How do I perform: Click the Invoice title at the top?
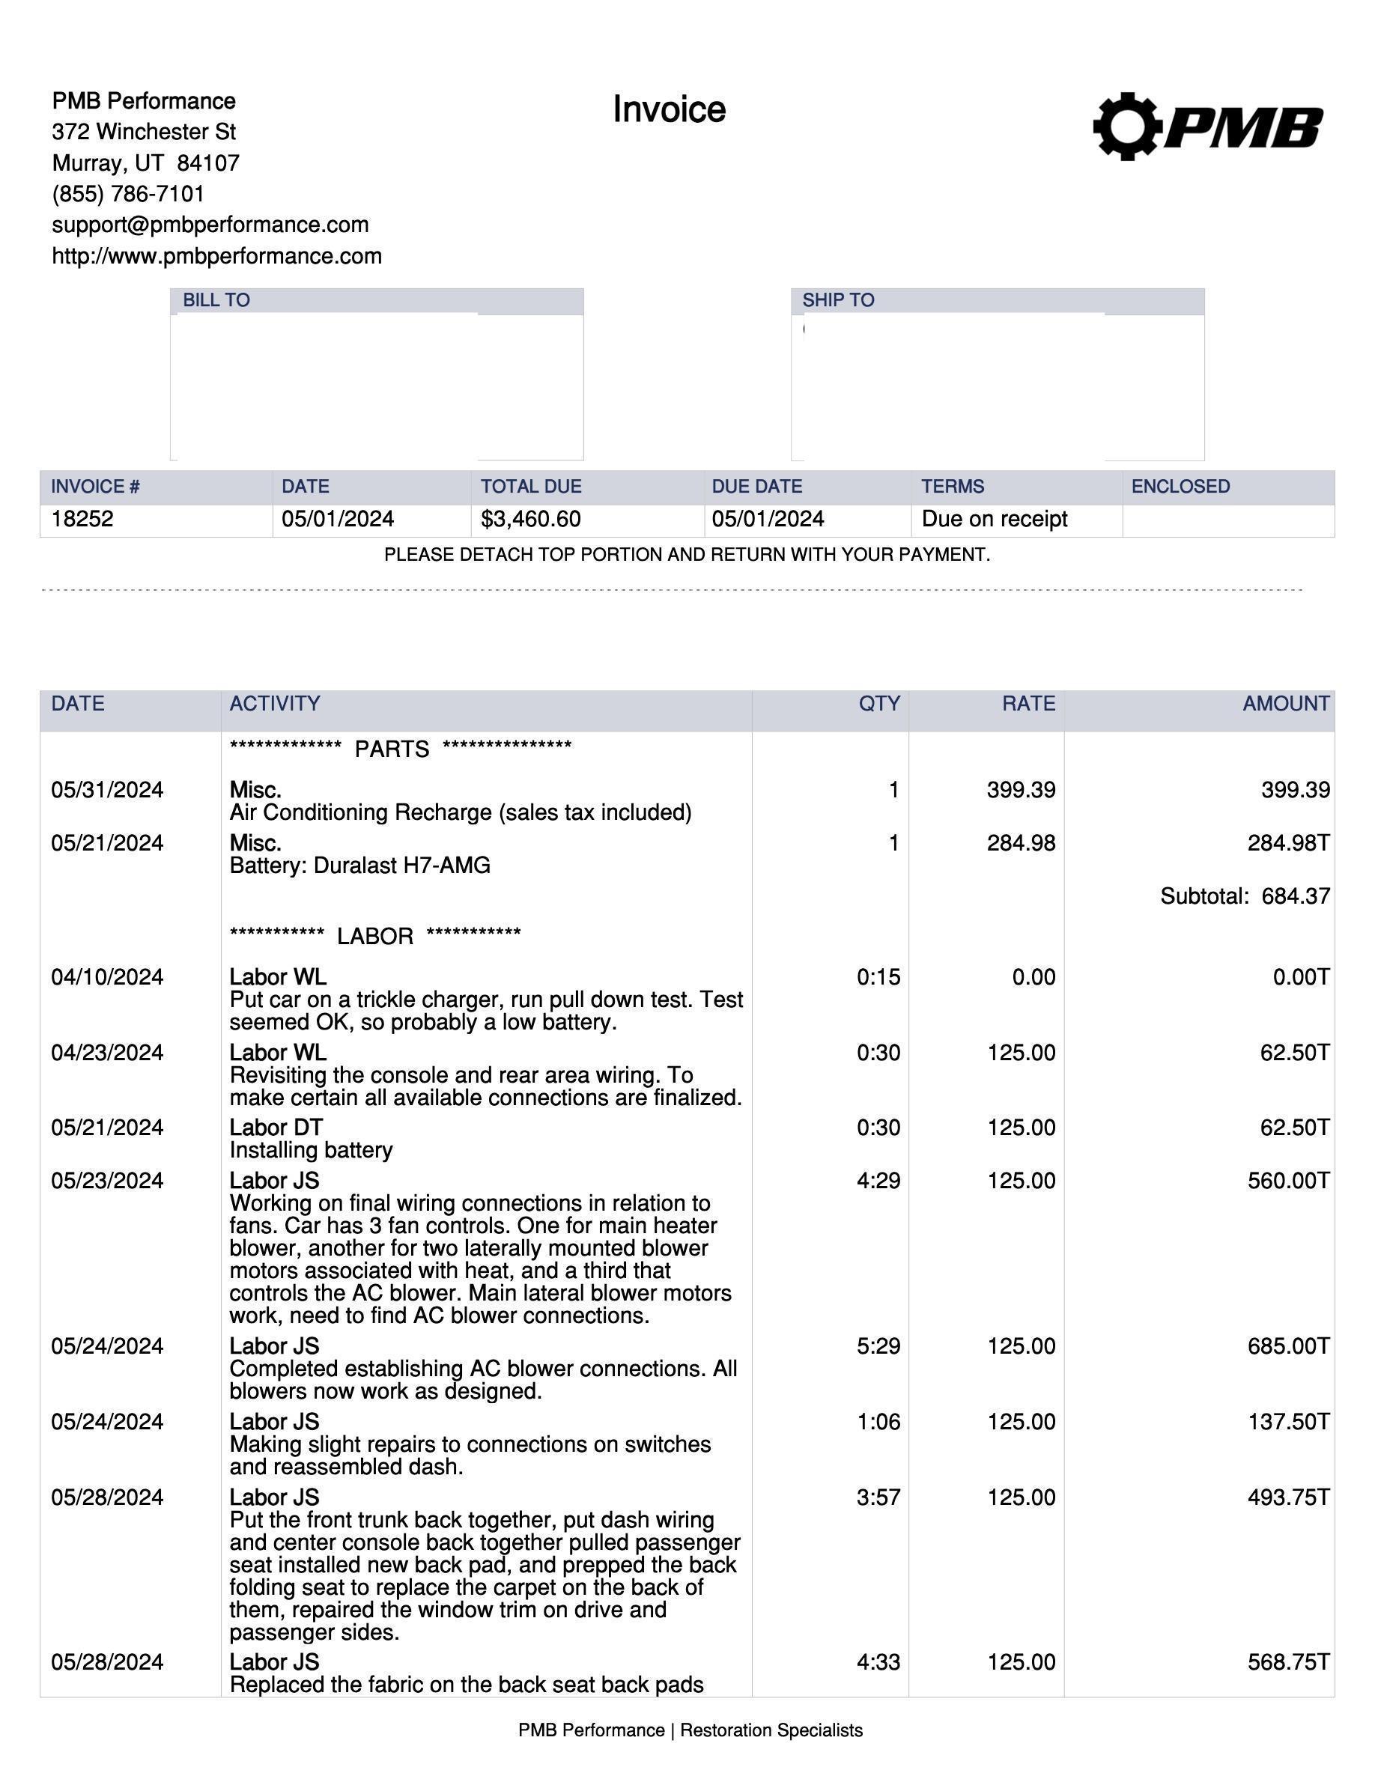[669, 110]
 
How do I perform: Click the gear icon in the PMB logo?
[1127, 127]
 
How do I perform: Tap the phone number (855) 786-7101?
[128, 194]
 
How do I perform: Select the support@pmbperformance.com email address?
[210, 225]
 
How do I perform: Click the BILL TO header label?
[216, 300]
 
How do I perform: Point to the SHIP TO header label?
[838, 300]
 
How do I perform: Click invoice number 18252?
[82, 519]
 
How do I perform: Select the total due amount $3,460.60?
[530, 519]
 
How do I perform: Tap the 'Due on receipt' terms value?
[994, 519]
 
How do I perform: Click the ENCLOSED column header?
[1180, 486]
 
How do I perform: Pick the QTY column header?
[879, 704]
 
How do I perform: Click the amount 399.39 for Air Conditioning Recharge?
[1295, 790]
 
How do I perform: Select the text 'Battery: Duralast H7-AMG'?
[360, 866]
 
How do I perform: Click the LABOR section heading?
[374, 937]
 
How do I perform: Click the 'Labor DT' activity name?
[276, 1128]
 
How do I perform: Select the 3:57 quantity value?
[878, 1498]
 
